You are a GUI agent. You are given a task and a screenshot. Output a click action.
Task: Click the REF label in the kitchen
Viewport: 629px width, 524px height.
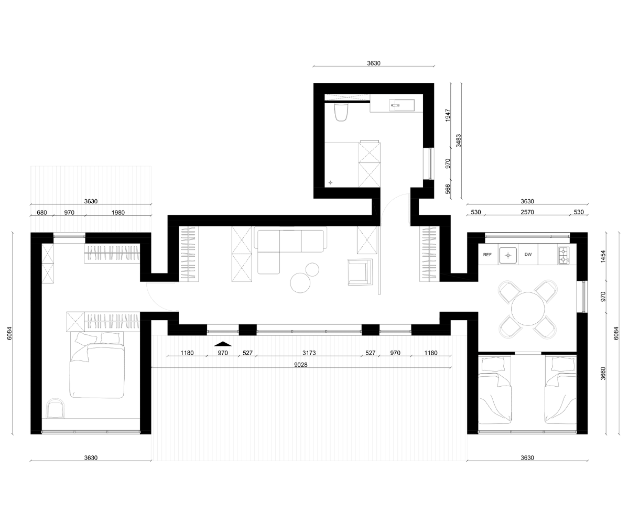pyautogui.click(x=487, y=255)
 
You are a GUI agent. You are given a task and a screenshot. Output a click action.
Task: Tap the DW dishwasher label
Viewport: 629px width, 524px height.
pyautogui.click(x=528, y=255)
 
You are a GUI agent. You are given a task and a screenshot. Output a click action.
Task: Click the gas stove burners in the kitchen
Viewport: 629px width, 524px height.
pyautogui.click(x=564, y=256)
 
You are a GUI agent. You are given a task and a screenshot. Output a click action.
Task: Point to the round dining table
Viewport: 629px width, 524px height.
pyautogui.click(x=528, y=309)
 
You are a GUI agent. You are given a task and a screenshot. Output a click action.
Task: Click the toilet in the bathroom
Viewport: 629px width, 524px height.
pyautogui.click(x=341, y=112)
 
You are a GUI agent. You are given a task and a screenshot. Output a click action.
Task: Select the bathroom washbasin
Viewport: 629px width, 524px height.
pyautogui.click(x=402, y=105)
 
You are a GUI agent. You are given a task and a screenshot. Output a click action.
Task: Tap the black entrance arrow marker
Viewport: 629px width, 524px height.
pyautogui.click(x=223, y=344)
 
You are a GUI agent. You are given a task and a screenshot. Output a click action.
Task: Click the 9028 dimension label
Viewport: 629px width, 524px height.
pyautogui.click(x=301, y=365)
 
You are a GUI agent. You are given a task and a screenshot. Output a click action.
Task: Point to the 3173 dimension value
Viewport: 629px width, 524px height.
pyautogui.click(x=309, y=353)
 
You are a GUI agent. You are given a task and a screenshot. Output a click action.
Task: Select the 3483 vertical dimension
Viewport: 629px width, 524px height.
pyautogui.click(x=458, y=140)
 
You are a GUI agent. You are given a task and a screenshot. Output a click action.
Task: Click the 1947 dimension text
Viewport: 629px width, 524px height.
pyautogui.click(x=448, y=115)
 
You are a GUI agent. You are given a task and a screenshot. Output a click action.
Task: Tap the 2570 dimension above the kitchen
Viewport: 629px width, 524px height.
pyautogui.click(x=527, y=212)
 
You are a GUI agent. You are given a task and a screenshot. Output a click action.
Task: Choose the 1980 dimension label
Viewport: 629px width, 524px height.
pyautogui.click(x=118, y=213)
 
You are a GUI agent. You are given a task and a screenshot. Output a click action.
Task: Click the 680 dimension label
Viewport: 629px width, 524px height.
pyautogui.click(x=42, y=213)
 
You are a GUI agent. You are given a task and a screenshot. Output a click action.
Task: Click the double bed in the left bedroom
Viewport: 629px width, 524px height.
pyautogui.click(x=96, y=365)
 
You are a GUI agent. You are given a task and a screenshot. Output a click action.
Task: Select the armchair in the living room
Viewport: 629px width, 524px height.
pyautogui.click(x=360, y=272)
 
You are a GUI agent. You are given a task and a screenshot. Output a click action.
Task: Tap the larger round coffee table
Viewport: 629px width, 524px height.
pyautogui.click(x=300, y=282)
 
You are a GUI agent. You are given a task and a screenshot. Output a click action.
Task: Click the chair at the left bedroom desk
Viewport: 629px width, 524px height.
pyautogui.click(x=56, y=408)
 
